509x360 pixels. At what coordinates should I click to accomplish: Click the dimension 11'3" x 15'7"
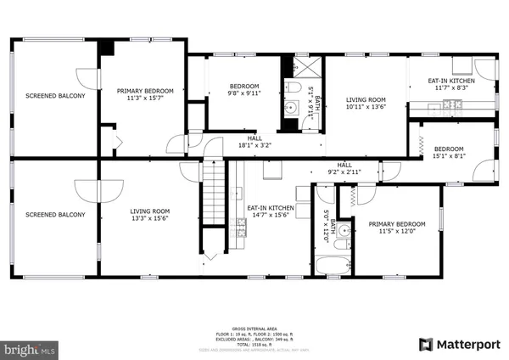tap(145, 98)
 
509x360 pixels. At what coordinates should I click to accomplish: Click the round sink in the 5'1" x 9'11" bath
tap(290, 106)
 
